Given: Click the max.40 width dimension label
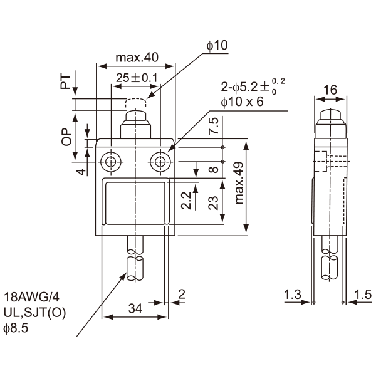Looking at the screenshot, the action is [x=137, y=58].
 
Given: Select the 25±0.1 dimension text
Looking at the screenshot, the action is [x=137, y=78].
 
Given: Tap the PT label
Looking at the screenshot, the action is [x=66, y=82].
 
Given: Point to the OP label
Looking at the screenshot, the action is [x=66, y=137].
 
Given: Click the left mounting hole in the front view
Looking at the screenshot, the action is [x=111, y=162].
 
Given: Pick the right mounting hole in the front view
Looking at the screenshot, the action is [x=160, y=162].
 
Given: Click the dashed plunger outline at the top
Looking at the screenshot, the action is [x=136, y=103].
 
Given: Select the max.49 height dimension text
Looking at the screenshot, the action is [x=239, y=183].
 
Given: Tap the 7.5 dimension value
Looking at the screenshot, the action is [x=214, y=126].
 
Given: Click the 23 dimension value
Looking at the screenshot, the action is [x=214, y=203].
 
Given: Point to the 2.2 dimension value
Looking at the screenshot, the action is [x=186, y=201].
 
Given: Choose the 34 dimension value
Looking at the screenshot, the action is [x=135, y=308].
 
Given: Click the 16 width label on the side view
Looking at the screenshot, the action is [x=330, y=90].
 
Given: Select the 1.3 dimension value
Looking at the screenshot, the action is [x=292, y=294].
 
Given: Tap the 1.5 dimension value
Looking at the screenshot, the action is [x=363, y=295].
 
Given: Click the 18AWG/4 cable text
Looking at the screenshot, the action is [x=31, y=297].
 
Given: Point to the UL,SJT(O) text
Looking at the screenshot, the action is [x=34, y=313].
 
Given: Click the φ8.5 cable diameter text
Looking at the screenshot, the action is [x=16, y=328].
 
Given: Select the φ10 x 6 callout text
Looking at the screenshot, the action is [x=242, y=102].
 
